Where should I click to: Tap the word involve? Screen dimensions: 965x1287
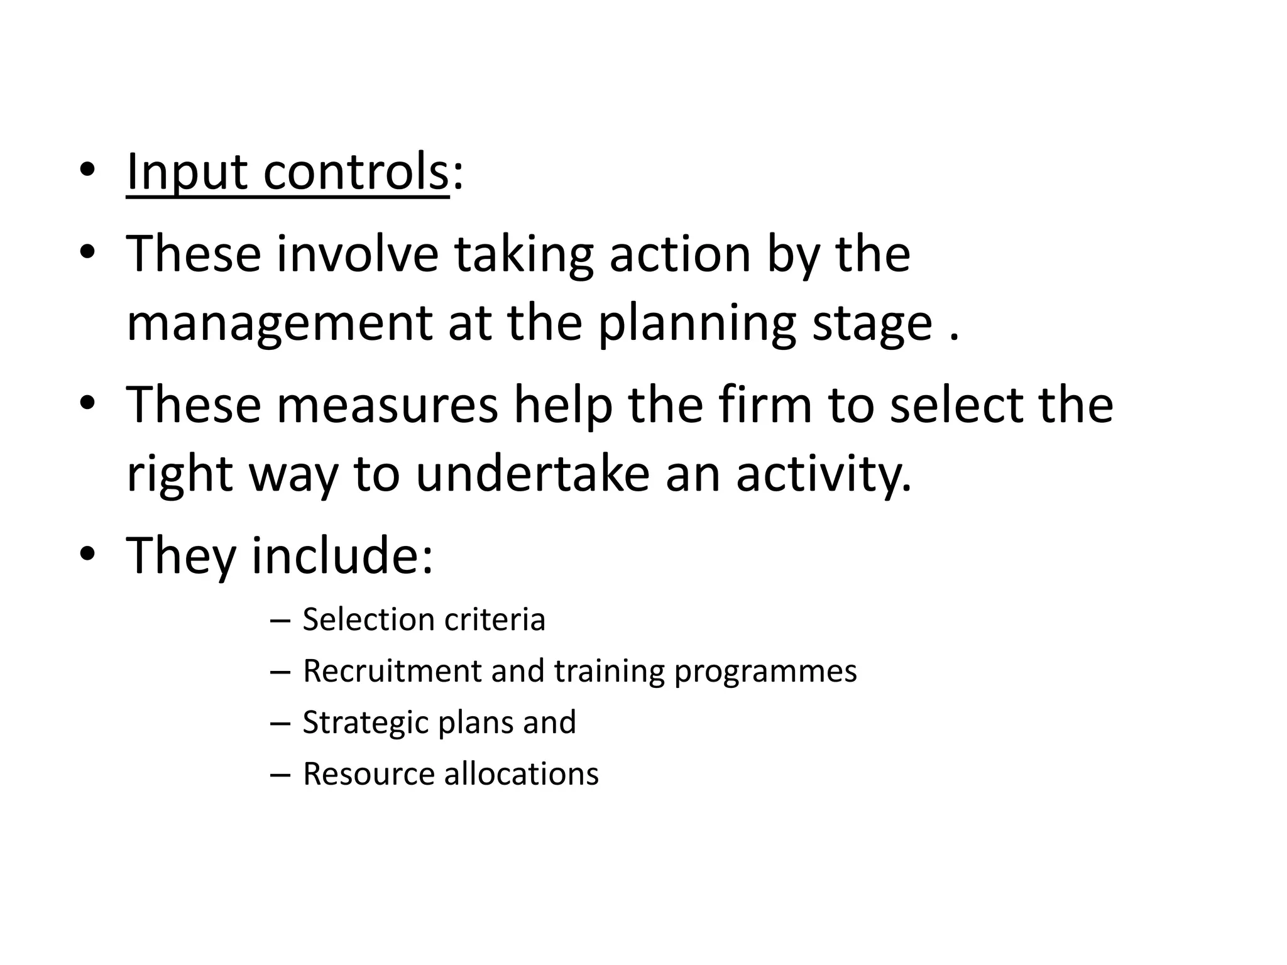(357, 254)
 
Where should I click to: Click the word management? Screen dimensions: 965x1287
(279, 324)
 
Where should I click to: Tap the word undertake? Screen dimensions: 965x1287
(532, 474)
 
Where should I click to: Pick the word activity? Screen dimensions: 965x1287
(823, 474)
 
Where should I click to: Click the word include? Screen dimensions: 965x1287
(342, 555)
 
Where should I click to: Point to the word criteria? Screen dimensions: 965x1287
(495, 619)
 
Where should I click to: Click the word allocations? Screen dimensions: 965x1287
(521, 774)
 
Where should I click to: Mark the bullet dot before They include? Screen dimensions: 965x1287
(87, 553)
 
